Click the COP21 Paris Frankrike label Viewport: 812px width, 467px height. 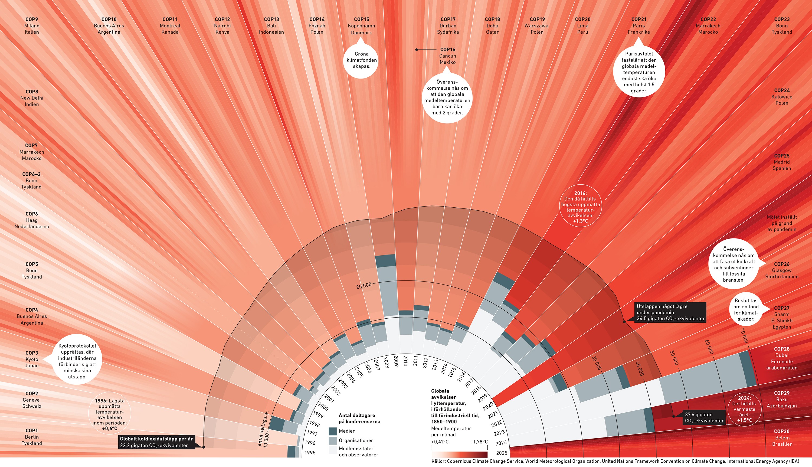639,26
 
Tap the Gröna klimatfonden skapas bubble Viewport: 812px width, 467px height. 361,60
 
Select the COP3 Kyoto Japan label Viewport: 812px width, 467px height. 32,359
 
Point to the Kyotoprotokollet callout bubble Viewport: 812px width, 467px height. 77,361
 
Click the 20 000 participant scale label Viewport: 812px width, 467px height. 364,285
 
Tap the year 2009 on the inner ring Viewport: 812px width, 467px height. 396,361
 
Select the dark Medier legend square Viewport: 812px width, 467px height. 333,431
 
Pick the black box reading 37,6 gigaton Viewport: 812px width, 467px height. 704,418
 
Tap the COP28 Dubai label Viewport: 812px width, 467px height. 781,358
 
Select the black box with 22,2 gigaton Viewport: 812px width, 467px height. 156,442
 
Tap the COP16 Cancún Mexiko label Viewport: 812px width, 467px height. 447,56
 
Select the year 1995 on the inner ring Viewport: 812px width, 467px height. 310,453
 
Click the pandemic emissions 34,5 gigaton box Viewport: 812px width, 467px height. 670,312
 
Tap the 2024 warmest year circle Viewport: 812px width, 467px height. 744,409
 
